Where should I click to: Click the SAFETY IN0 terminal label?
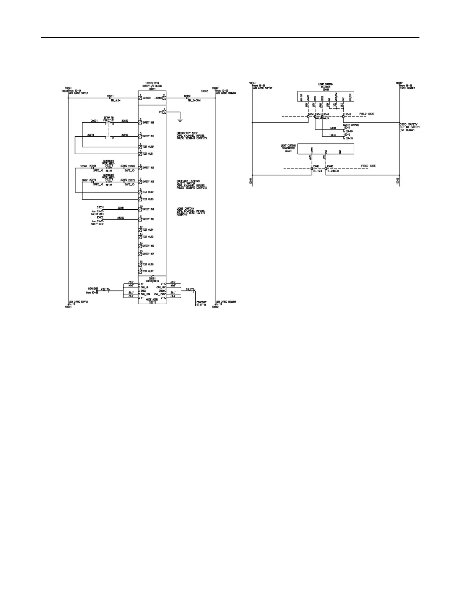click(148, 123)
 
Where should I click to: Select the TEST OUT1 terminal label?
click(148, 154)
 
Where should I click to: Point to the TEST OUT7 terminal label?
click(148, 272)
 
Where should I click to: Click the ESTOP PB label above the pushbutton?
click(109, 117)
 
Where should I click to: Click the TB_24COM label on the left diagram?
click(194, 100)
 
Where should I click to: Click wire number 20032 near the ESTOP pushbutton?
click(125, 121)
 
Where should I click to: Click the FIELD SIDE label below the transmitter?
click(369, 166)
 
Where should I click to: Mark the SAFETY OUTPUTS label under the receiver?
click(351, 125)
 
